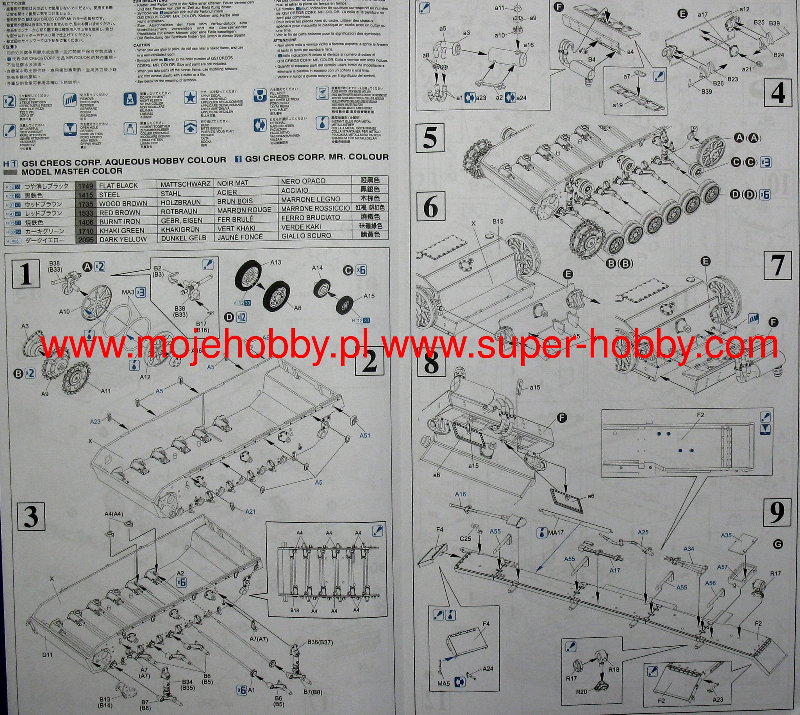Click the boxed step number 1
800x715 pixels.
click(x=26, y=274)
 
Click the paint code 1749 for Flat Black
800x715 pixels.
click(x=86, y=185)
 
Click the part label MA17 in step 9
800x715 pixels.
click(x=555, y=533)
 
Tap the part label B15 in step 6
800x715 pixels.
click(x=498, y=222)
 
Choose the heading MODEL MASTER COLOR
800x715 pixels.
click(x=72, y=171)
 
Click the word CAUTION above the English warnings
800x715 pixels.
click(x=141, y=45)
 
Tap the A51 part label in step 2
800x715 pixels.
click(x=365, y=435)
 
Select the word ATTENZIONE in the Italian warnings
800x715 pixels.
click(x=286, y=40)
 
